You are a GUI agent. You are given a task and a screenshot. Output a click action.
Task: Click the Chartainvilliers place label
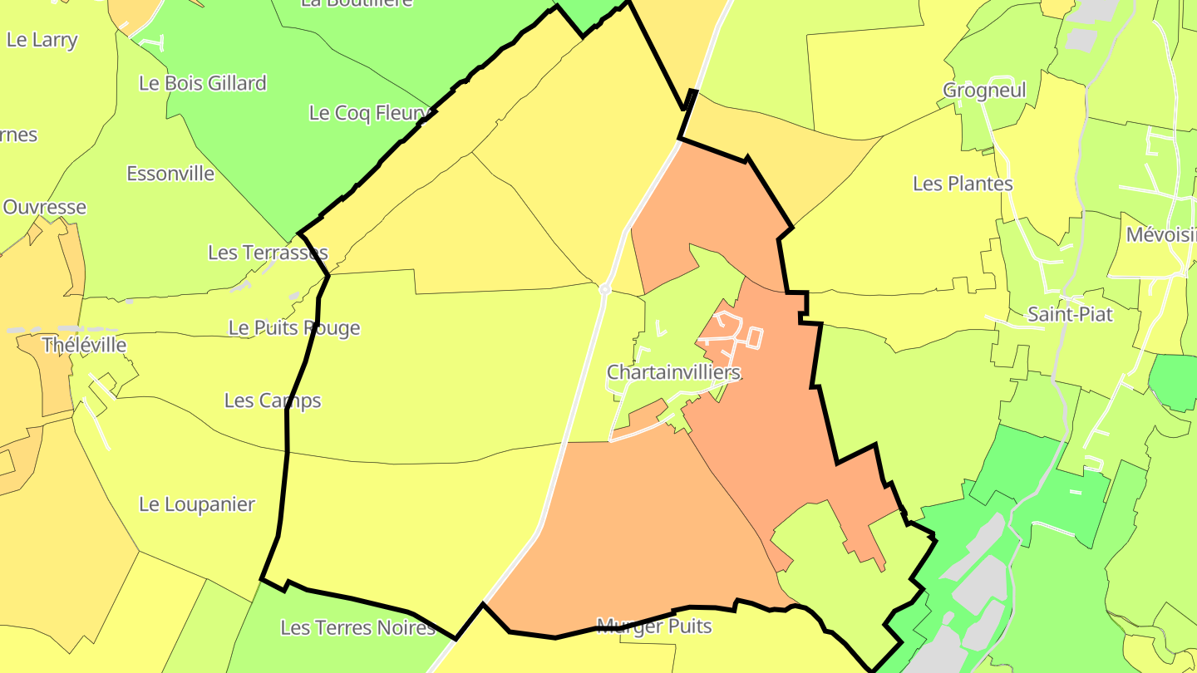673,372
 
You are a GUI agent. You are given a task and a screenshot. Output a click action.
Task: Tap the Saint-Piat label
1070,314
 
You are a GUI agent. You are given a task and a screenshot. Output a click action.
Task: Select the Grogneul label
984,90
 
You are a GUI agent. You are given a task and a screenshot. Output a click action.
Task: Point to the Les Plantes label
963,183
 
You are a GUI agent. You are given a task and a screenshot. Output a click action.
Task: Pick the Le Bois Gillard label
203,83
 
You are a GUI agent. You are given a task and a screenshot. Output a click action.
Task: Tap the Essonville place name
170,174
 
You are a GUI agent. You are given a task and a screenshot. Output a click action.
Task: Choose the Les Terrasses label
268,253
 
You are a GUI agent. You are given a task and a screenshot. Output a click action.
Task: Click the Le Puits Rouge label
294,327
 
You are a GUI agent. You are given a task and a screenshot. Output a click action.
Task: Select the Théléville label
84,345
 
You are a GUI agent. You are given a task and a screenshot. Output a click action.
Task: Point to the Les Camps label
273,400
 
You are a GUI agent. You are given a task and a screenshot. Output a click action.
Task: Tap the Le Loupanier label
197,504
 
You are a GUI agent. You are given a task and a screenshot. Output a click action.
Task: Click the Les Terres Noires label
357,627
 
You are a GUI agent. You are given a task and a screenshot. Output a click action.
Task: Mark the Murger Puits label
654,626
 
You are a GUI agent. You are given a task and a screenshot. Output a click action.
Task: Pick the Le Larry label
42,40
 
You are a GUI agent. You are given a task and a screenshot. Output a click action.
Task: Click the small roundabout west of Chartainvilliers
605,289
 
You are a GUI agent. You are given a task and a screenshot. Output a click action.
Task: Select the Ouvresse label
45,207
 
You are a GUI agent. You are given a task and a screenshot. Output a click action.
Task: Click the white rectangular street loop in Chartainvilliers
755,337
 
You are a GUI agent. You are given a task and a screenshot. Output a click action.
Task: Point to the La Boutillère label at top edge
357,3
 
